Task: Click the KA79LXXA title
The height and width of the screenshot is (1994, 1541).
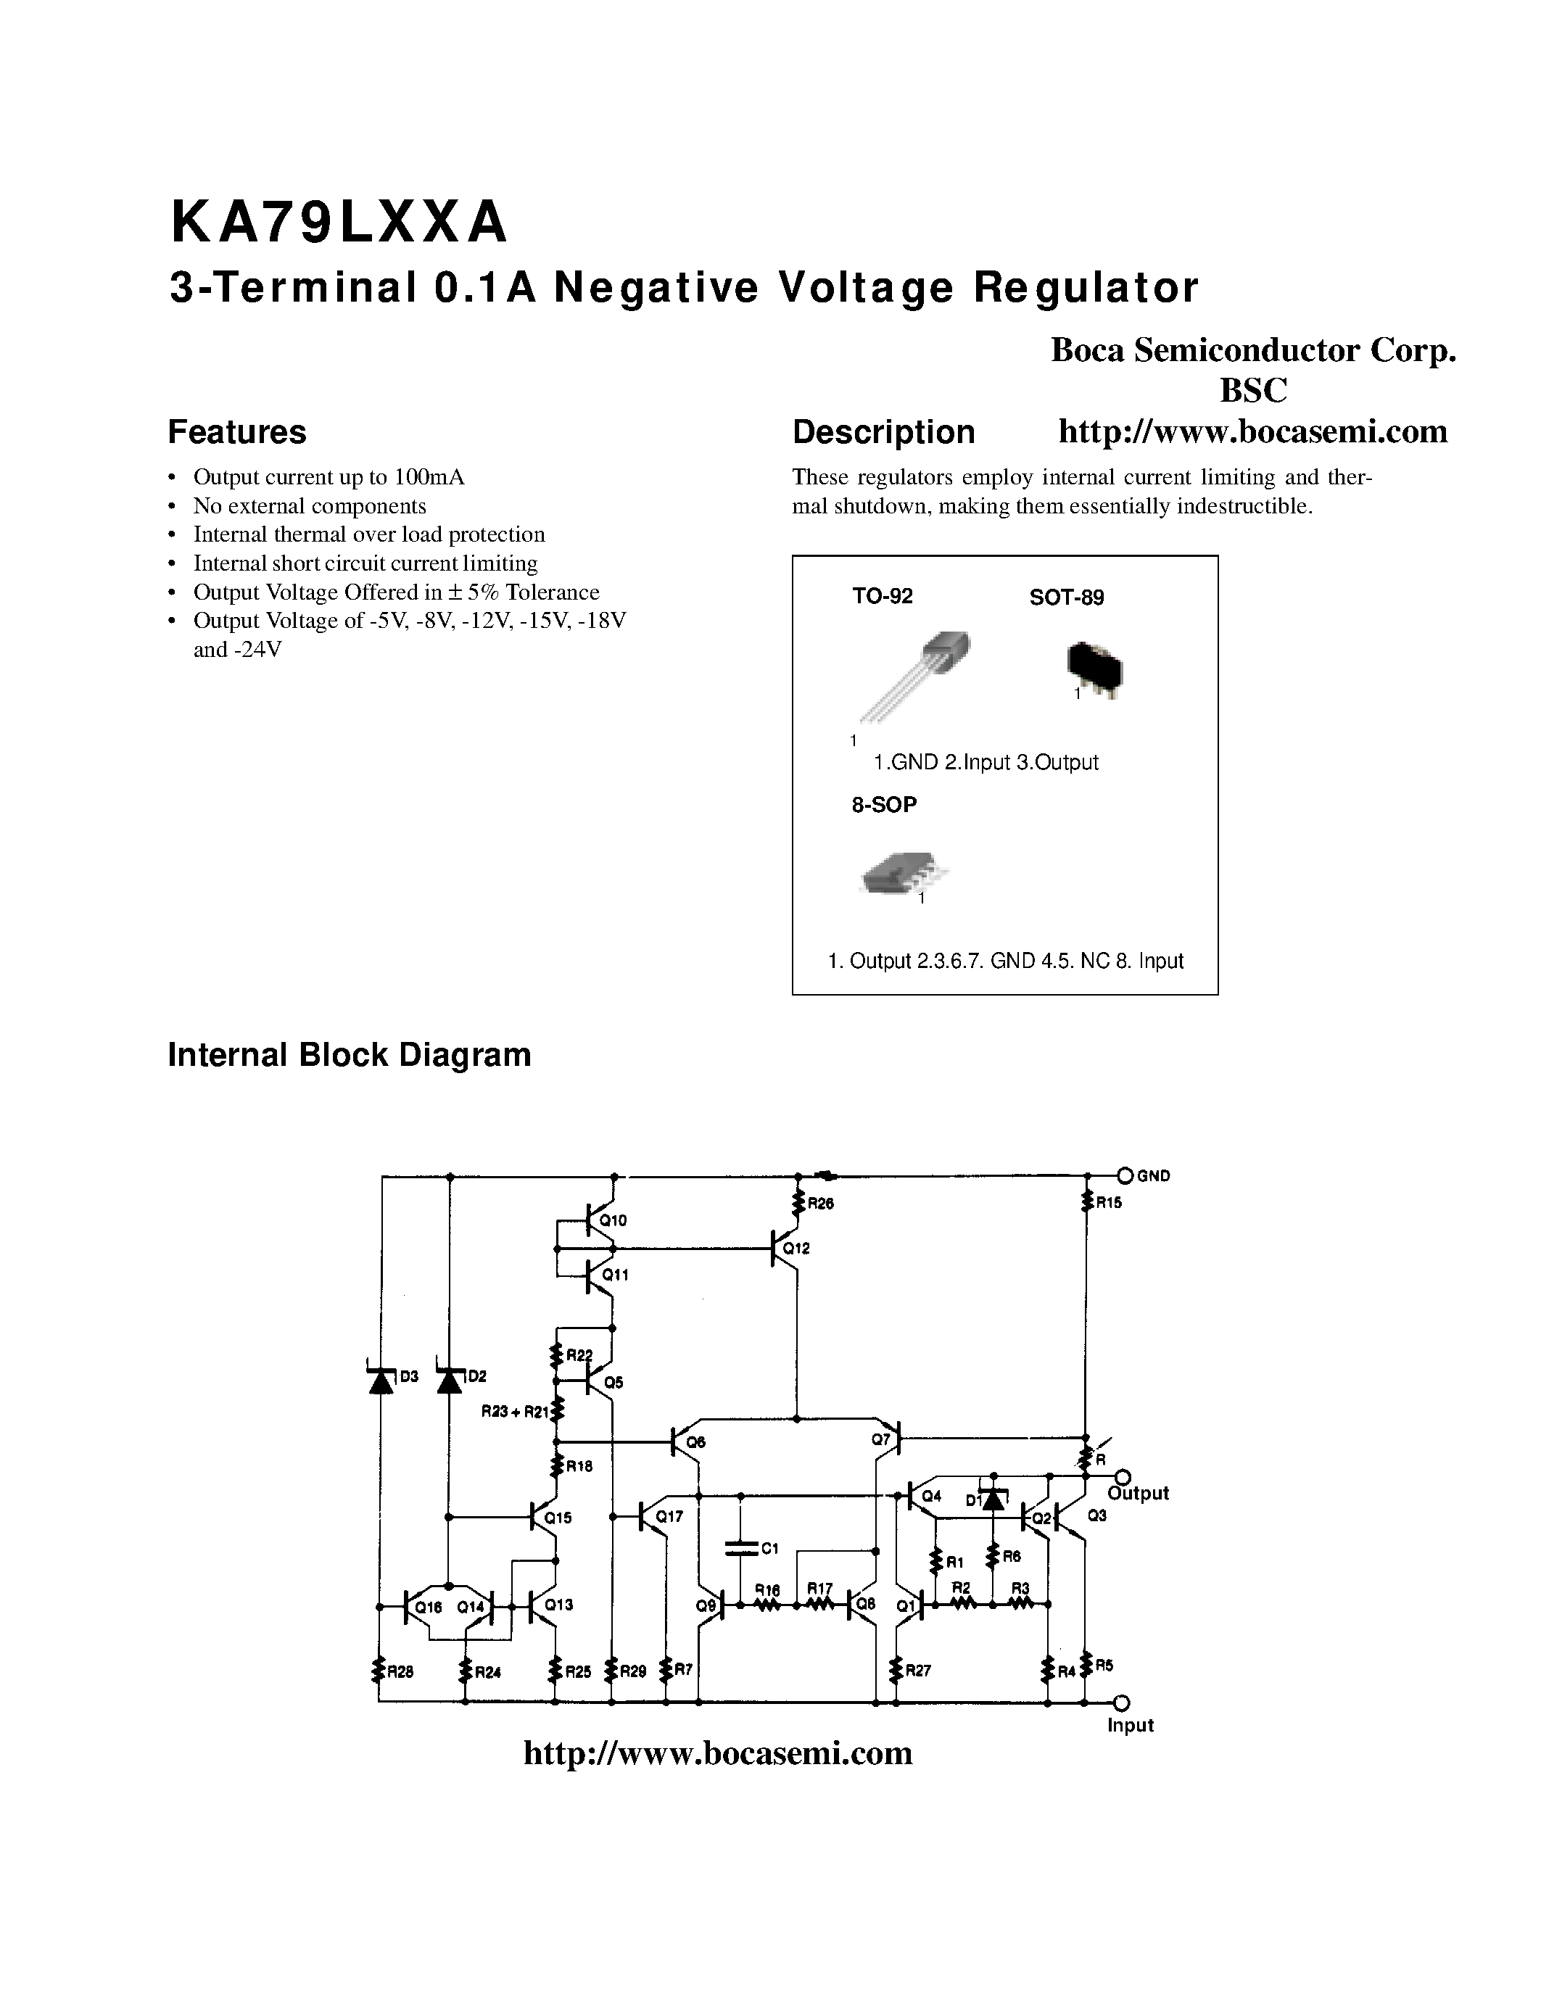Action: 338,223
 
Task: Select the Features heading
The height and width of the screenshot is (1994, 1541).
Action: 236,432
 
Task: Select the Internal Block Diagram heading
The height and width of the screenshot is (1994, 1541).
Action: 349,1054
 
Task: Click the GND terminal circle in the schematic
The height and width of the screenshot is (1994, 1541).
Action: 1125,1176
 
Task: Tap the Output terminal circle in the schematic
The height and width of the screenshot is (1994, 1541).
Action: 1123,1477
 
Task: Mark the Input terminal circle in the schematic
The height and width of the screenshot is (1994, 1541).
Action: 1122,1702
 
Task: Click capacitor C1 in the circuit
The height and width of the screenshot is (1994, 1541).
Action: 740,1547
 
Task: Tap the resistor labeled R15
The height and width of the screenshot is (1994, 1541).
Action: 1086,1202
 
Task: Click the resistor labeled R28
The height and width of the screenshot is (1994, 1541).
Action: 378,1671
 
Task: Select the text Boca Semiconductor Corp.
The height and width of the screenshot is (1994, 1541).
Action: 1252,349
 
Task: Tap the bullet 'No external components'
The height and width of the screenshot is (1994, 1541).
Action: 310,506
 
